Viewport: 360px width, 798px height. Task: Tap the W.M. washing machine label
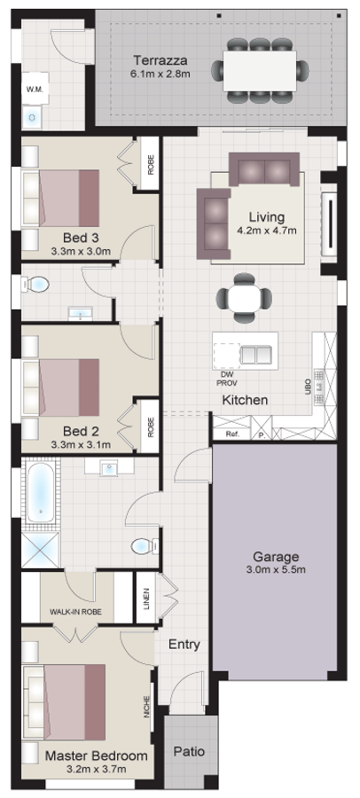click(x=35, y=90)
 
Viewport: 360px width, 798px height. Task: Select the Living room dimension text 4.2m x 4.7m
click(x=266, y=231)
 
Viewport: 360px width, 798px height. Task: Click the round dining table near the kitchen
click(x=244, y=299)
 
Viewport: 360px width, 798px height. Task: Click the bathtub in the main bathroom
click(x=40, y=492)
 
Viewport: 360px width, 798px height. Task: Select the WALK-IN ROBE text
click(x=75, y=612)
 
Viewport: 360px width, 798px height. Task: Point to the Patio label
click(x=188, y=751)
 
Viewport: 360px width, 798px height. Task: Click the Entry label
click(x=184, y=645)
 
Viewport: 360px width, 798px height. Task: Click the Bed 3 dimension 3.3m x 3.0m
click(x=80, y=251)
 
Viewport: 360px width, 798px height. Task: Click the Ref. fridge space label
click(x=232, y=434)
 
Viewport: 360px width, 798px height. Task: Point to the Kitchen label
click(x=245, y=401)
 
